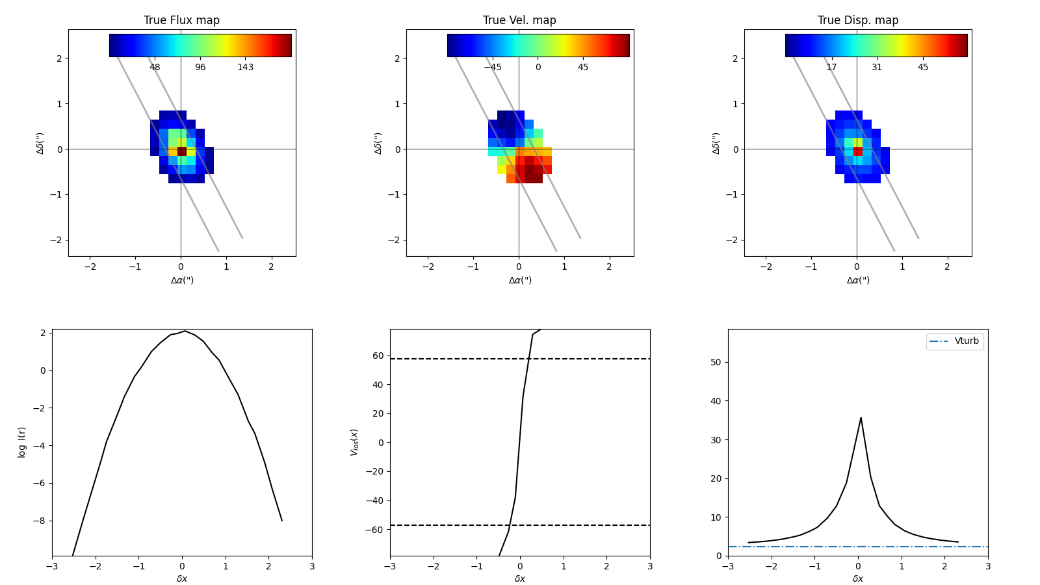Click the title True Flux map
(181, 20)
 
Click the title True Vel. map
(519, 20)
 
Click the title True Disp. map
(857, 20)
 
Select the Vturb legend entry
(966, 341)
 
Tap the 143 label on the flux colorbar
(245, 68)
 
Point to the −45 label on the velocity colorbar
(492, 68)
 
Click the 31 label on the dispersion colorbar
(877, 68)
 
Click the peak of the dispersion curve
(861, 418)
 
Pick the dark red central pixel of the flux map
(182, 151)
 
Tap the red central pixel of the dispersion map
(858, 151)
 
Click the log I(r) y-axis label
(21, 442)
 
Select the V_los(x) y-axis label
(354, 442)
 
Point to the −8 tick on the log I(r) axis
(43, 521)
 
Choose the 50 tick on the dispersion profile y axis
(716, 363)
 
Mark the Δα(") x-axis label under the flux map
(182, 280)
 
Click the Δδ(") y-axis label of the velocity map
(378, 143)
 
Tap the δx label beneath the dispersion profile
(858, 578)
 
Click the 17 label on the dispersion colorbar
(831, 68)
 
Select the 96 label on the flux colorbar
(200, 68)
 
